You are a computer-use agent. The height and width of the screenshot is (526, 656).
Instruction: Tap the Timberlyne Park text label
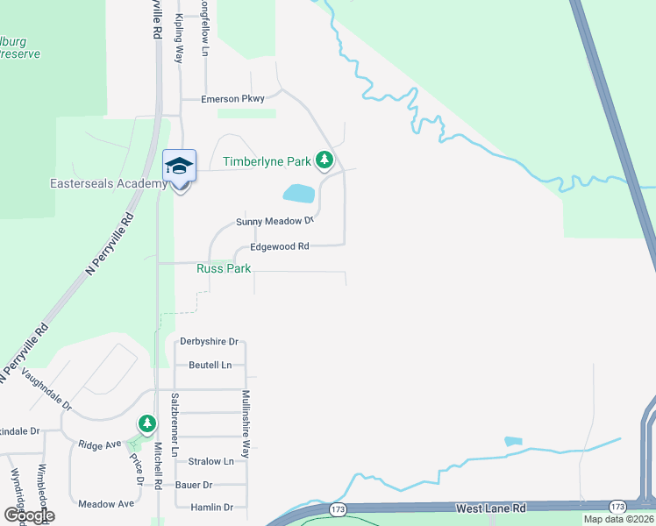[267, 162]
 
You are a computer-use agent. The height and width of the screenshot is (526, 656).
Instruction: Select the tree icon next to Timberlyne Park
[325, 160]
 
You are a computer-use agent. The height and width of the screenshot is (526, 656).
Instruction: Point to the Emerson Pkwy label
[232, 99]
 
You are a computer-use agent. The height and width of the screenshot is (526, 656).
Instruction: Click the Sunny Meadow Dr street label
[275, 222]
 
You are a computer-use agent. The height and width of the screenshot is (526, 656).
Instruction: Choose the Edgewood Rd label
[279, 247]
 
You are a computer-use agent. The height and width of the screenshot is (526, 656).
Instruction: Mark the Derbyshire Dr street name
[209, 342]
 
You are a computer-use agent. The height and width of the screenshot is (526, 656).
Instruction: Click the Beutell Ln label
[210, 365]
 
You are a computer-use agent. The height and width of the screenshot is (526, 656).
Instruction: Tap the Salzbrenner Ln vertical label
[175, 425]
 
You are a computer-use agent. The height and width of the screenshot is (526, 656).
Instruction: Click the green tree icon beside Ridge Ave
[147, 424]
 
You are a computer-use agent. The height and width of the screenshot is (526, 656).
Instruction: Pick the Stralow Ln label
[210, 461]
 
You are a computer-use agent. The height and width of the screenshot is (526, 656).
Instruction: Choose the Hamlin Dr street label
[210, 508]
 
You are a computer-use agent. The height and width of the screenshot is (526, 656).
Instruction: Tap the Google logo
[28, 515]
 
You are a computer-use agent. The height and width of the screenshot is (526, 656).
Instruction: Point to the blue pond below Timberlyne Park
[298, 193]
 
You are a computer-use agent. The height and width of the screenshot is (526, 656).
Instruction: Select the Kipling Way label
[180, 37]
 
